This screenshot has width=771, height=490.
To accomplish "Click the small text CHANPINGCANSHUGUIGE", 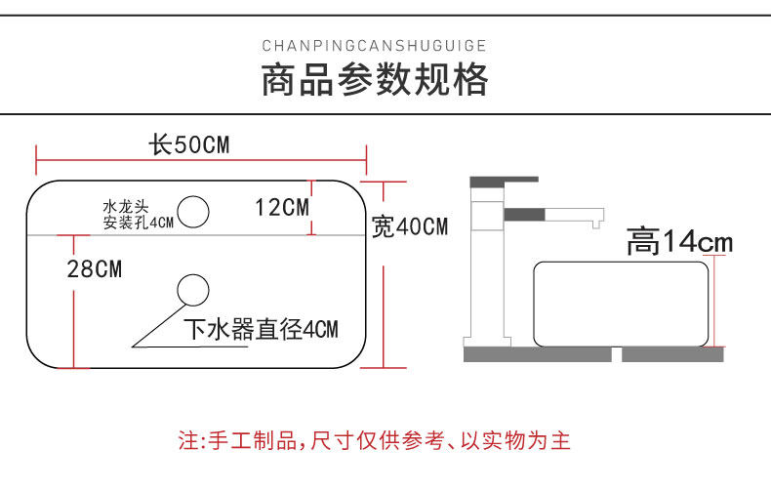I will pos(375,45).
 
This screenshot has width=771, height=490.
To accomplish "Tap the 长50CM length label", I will pos(188,145).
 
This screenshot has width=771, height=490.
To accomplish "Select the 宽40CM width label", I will pos(411,227).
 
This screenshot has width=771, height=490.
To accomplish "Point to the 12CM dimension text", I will pos(281,207).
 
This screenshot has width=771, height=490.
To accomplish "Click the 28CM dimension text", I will pos(95,268).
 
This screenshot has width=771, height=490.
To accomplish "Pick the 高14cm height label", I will pos(679,241).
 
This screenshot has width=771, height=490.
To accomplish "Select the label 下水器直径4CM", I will pos(261,329).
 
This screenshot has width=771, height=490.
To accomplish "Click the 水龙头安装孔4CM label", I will pos(137,215).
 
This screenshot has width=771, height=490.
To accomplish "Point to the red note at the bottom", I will pos(374,440).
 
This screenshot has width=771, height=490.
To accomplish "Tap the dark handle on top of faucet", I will pos(504,181).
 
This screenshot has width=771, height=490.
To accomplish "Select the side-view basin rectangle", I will pos(620,304).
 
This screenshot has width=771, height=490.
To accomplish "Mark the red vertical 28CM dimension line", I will pos(71,303).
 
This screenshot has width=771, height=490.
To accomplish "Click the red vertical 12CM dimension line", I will pos(312,208).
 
